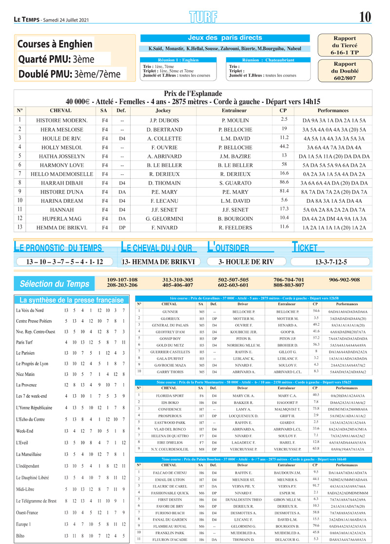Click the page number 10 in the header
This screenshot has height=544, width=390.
pos(365,17)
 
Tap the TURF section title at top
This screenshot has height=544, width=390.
pos(202,17)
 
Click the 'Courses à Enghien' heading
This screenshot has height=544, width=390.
pos(55,44)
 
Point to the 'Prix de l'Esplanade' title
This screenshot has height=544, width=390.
pos(193,94)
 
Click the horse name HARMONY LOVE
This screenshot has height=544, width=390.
pos(61,165)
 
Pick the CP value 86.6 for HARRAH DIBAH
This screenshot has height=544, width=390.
pos(284,182)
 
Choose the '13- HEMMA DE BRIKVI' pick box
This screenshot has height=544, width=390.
pos(158,262)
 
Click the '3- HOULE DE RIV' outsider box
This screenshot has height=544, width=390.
pos(246,262)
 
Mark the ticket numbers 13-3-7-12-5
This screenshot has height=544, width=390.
pos(331,262)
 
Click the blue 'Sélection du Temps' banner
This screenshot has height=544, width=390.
pos(54,284)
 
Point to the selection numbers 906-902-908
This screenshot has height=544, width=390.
pos(344,280)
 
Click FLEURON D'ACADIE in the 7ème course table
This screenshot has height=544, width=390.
pos(169,539)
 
